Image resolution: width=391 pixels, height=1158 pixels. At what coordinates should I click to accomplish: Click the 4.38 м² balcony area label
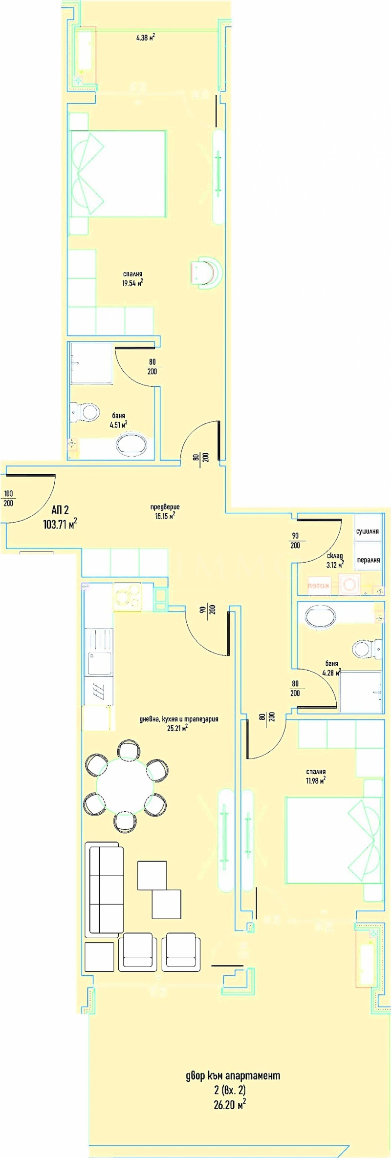[x=146, y=37]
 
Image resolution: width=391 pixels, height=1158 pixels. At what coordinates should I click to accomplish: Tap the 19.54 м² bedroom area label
[x=132, y=283]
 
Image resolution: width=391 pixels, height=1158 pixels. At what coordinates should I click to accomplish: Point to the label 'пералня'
[x=368, y=560]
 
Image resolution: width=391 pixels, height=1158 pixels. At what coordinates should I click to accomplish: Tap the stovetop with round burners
[x=127, y=596]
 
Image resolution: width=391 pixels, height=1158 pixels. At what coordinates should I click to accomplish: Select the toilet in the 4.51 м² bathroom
[x=86, y=412]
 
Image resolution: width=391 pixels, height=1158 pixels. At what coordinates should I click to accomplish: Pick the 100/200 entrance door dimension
[x=8, y=499]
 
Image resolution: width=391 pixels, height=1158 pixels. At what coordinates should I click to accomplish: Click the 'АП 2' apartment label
[x=61, y=510]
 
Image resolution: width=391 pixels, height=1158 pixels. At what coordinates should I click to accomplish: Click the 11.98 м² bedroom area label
[x=316, y=776]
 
